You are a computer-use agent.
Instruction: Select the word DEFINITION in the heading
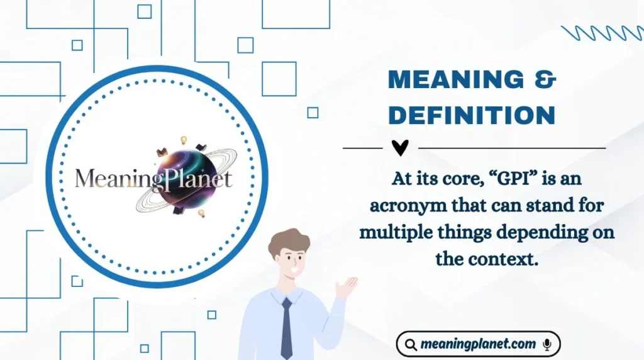[x=472, y=115]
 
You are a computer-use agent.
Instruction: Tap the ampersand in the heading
[x=543, y=80]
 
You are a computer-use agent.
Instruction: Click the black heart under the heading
[x=400, y=148]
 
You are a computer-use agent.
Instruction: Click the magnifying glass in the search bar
[x=411, y=345]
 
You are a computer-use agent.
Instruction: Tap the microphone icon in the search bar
[x=547, y=344]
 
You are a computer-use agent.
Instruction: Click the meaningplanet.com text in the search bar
[x=478, y=344]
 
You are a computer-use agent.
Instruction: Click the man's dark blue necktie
[x=287, y=327]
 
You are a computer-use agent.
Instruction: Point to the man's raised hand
[x=346, y=287]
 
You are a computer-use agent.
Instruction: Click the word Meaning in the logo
[x=111, y=179]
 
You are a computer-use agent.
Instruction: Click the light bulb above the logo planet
[x=184, y=140]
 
